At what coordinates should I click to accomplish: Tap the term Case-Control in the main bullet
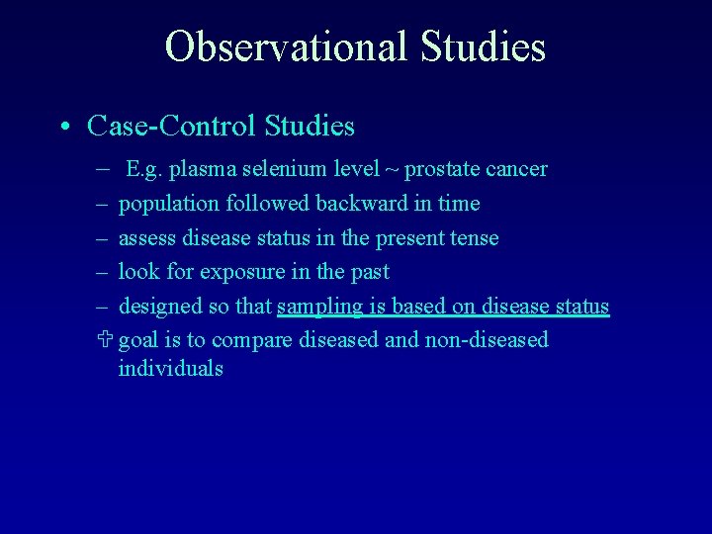(x=171, y=127)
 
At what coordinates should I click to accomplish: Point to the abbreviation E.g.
(x=144, y=169)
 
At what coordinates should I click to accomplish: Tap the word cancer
(x=515, y=169)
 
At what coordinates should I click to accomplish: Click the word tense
(x=474, y=238)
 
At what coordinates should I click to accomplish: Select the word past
(x=370, y=272)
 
